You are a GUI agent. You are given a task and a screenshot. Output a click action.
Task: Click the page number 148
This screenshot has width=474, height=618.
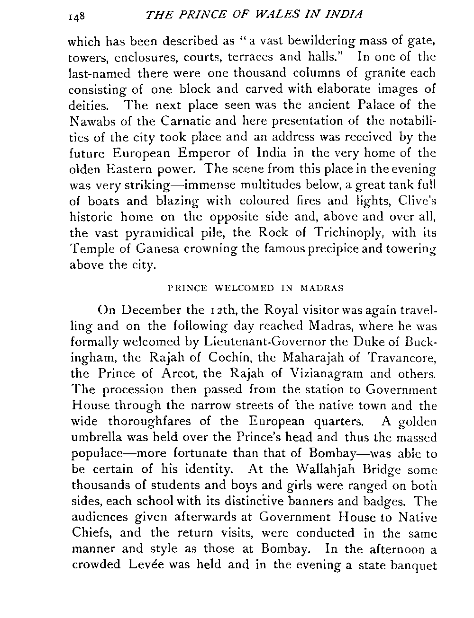[x=76, y=16]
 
